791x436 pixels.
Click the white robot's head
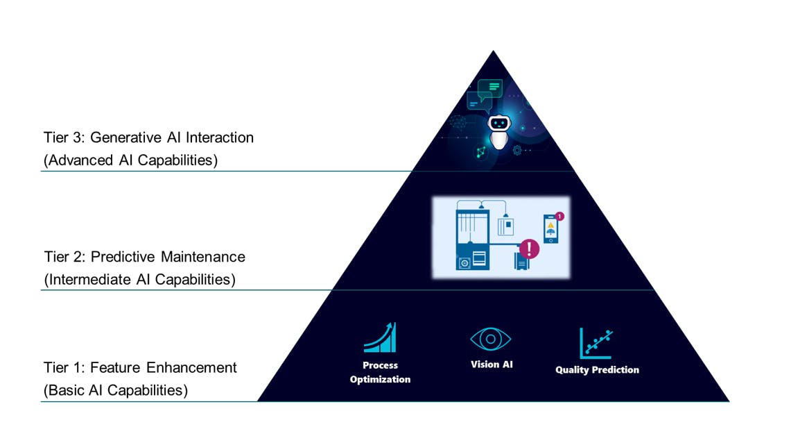[498, 124]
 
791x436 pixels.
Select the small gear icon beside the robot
[517, 150]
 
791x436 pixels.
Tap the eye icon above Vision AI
[490, 339]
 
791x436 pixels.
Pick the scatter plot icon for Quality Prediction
[596, 343]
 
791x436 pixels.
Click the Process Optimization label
[380, 372]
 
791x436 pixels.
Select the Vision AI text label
[492, 364]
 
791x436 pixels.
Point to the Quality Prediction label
[597, 370]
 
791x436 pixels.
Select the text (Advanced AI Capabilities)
[130, 160]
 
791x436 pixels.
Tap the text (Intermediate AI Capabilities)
[139, 280]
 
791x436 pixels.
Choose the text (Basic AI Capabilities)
[116, 390]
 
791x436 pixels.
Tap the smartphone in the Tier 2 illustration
[550, 228]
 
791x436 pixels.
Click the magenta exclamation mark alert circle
[530, 248]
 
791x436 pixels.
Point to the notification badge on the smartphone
[559, 217]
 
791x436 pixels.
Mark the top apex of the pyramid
[493, 51]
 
